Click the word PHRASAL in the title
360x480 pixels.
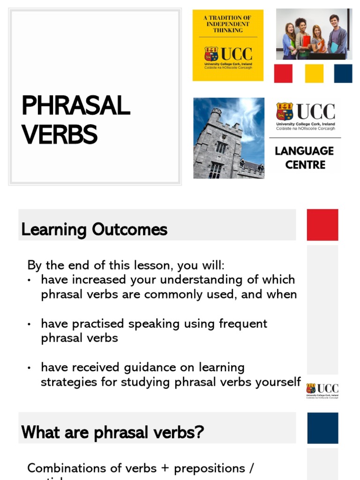pos(75,105)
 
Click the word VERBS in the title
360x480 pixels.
pos(59,135)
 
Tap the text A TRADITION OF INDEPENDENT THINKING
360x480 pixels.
pos(228,24)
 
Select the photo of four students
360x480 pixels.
pos(314,34)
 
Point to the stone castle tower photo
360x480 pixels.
pos(229,138)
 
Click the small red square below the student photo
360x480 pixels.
pos(283,74)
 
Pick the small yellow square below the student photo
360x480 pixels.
pos(314,74)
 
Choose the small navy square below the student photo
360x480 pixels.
pos(343,74)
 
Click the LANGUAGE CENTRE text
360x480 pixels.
pos(304,157)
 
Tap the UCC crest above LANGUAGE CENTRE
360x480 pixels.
pos(284,112)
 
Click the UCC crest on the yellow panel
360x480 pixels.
pos(211,54)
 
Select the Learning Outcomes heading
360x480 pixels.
pos(94,230)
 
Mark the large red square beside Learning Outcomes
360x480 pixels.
pos(322,225)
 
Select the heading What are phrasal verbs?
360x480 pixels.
pos(112,432)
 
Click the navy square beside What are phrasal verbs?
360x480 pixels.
pos(322,428)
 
